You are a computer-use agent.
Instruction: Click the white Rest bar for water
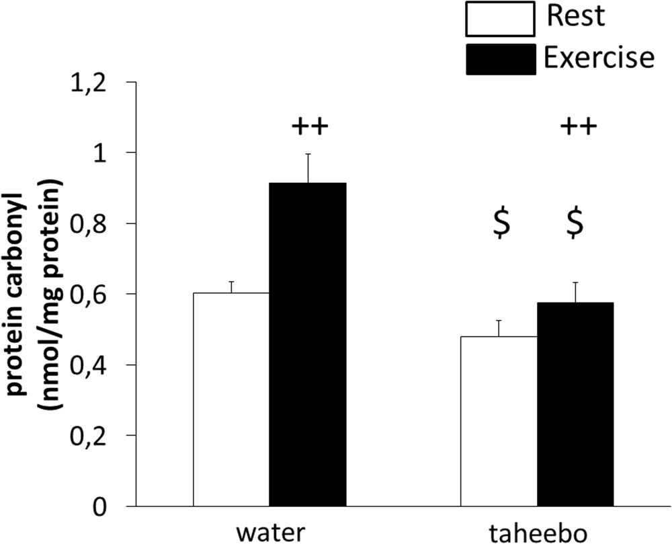[x=231, y=399]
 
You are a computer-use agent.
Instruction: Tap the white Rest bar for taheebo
[x=498, y=421]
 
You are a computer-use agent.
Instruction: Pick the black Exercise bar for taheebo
[x=575, y=404]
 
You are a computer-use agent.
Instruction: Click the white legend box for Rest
[x=499, y=19]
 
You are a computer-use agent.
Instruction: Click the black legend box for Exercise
[x=499, y=58]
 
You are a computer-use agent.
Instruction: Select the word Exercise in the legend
[x=598, y=59]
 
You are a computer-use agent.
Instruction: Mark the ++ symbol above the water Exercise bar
[x=309, y=126]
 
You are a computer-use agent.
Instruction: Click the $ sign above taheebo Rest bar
[x=501, y=225]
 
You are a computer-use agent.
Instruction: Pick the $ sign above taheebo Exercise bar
[x=575, y=225]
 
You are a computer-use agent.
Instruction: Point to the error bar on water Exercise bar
[x=308, y=168]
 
